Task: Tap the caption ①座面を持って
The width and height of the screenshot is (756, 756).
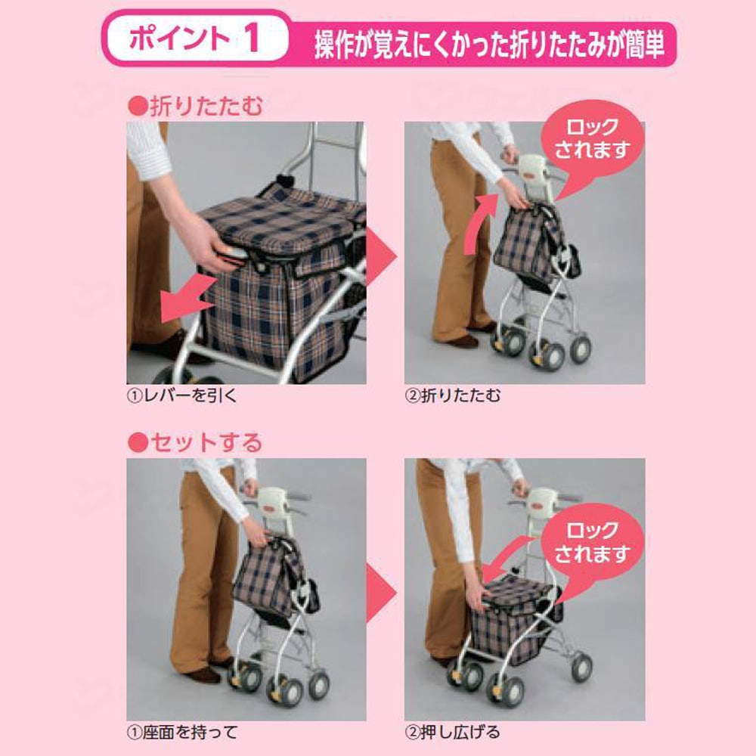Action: point(181,732)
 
